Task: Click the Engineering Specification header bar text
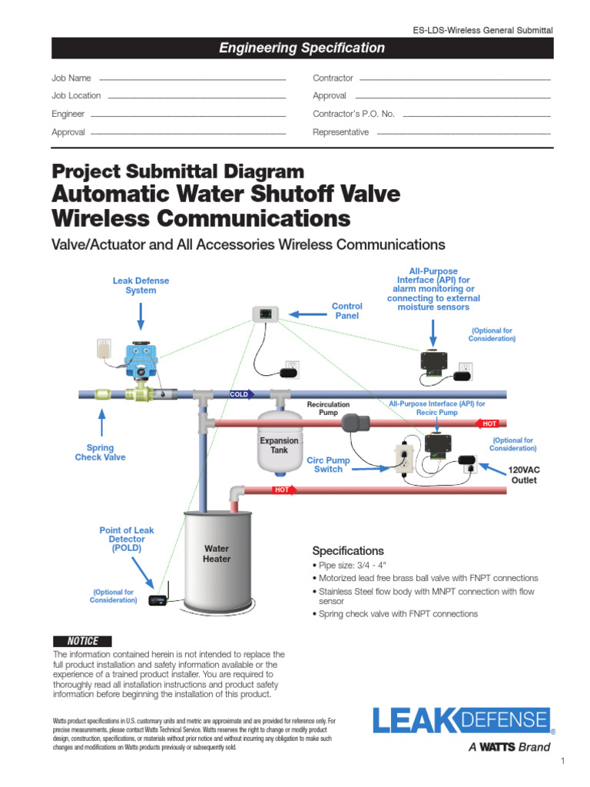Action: pos(302,48)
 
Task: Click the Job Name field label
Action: pos(71,78)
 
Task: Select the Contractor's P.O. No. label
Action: pos(353,114)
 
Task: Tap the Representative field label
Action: pos(340,132)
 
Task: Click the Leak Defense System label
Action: pos(141,286)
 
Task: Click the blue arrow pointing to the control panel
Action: pos(307,314)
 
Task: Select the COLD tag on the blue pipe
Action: pos(240,394)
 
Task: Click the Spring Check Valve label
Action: pos(100,453)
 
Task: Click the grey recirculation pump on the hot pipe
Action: pos(354,423)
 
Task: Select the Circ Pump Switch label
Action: pos(328,465)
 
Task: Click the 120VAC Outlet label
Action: pos(525,474)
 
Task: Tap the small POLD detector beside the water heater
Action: pos(158,599)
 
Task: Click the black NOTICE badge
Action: pos(83,641)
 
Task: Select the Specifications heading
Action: pos(347,551)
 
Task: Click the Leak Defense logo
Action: pos(462,723)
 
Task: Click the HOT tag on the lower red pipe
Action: pos(281,489)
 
